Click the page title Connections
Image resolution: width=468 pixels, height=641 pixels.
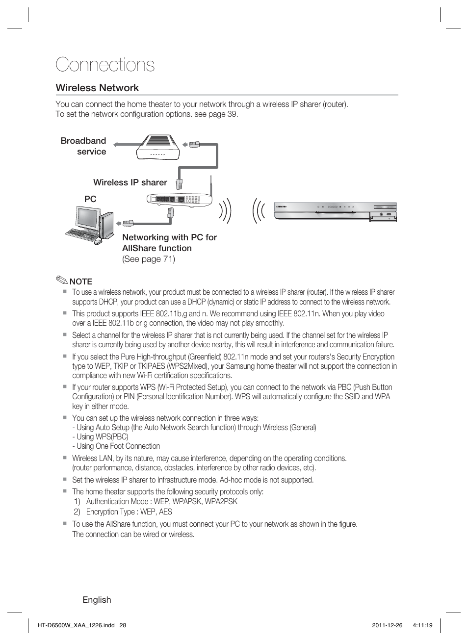point(105,65)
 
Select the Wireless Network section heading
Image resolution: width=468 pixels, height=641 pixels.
point(97,88)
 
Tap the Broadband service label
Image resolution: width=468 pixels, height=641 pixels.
point(84,146)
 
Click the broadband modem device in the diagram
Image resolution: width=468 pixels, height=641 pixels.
point(157,147)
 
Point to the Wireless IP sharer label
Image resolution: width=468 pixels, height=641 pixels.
point(130,182)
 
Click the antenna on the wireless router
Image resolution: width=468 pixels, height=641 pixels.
point(211,185)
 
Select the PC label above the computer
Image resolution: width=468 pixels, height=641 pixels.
point(90,199)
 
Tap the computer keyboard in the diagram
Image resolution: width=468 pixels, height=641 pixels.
point(80,234)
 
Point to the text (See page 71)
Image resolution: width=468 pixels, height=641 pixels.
point(149,259)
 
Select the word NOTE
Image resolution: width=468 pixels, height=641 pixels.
point(81,282)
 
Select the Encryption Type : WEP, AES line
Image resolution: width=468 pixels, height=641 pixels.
point(129,512)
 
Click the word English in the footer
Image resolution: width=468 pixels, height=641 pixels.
point(97,600)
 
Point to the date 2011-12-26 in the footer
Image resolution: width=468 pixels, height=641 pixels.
point(387,625)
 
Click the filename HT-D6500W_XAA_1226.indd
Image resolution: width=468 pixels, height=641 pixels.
point(76,625)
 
